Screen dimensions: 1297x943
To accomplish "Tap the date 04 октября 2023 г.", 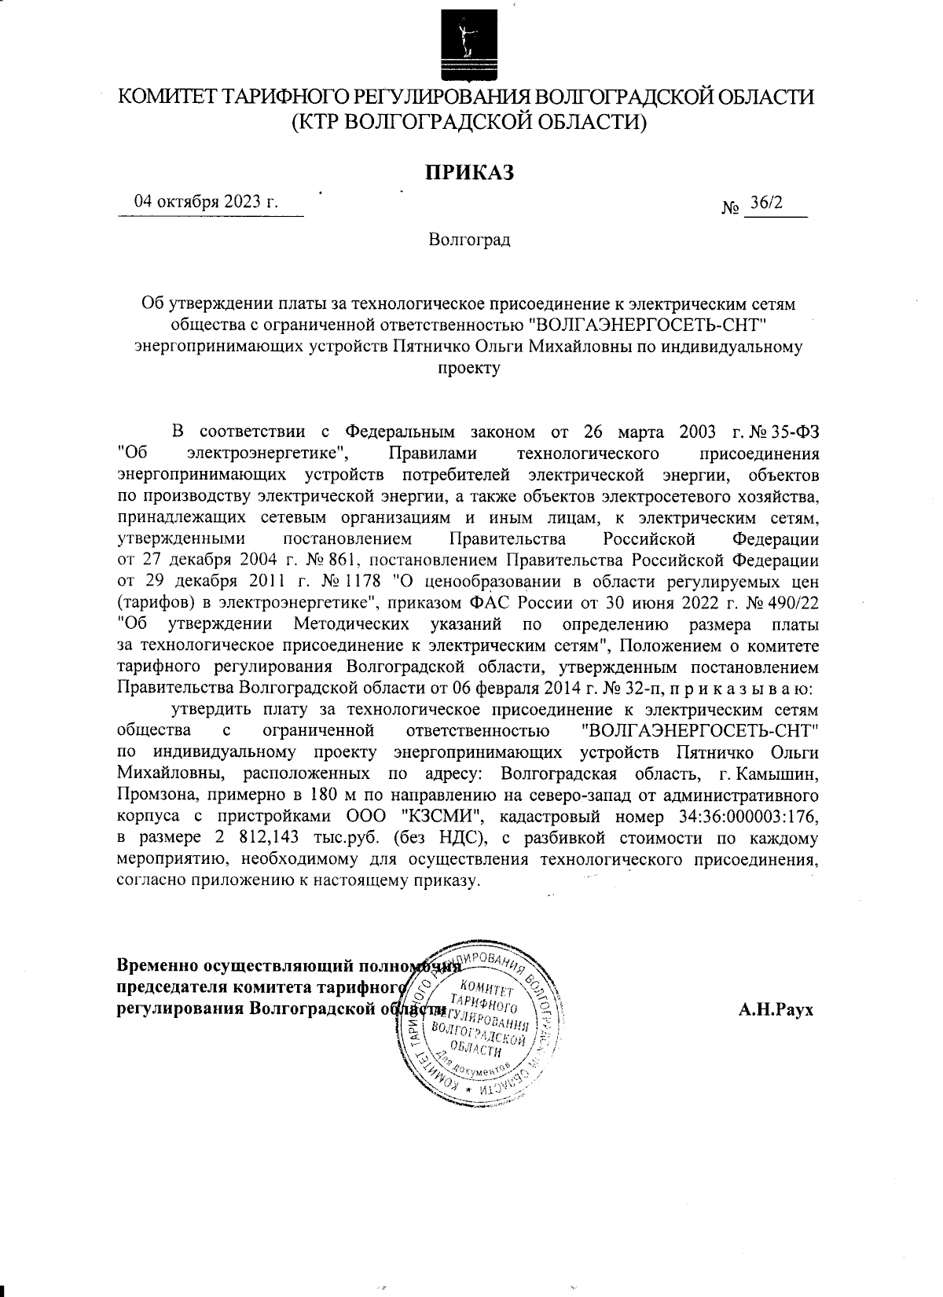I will click(207, 200).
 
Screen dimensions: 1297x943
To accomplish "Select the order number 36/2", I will click(766, 203).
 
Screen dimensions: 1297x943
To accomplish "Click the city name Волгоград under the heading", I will click(469, 239).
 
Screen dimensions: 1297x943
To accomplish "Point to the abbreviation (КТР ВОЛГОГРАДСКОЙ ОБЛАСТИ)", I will click(469, 123).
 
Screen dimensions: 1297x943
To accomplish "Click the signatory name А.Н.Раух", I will click(776, 1009).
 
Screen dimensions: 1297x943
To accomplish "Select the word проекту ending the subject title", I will click(469, 366).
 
